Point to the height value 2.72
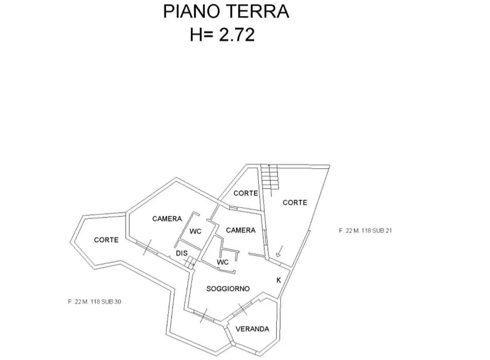pos(237,34)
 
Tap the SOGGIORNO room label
pos(228,289)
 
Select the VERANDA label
pos(253,329)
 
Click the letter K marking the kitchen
pos(279,280)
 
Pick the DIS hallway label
pos(182,253)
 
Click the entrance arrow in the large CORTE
pos(279,251)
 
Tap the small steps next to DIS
pos(190,262)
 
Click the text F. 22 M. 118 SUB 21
pos(365,231)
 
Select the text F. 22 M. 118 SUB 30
pos(94,302)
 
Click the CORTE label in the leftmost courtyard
pos(106,240)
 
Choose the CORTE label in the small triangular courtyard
pos(246,193)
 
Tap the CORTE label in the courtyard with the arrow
pos(295,203)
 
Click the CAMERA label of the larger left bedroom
pos(167,219)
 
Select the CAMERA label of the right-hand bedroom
pos(241,230)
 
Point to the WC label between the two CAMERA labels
pos(195,231)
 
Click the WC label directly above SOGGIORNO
pos(222,262)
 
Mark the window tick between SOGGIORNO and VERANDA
pos(242,309)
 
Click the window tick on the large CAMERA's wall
pos(147,247)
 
